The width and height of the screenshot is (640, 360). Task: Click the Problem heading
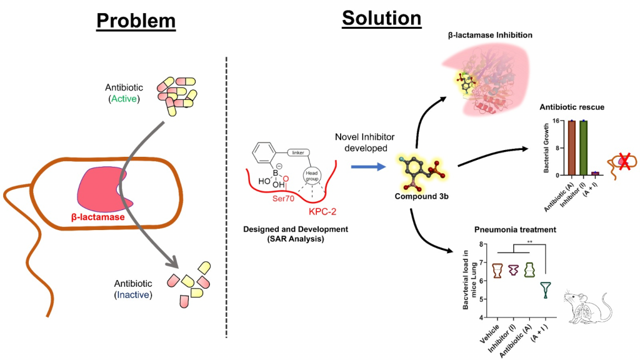click(x=136, y=21)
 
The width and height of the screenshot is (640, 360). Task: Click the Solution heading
click(x=381, y=19)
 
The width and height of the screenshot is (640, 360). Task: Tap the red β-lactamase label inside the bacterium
click(x=98, y=217)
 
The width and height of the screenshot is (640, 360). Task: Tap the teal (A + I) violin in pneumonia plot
click(x=546, y=289)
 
